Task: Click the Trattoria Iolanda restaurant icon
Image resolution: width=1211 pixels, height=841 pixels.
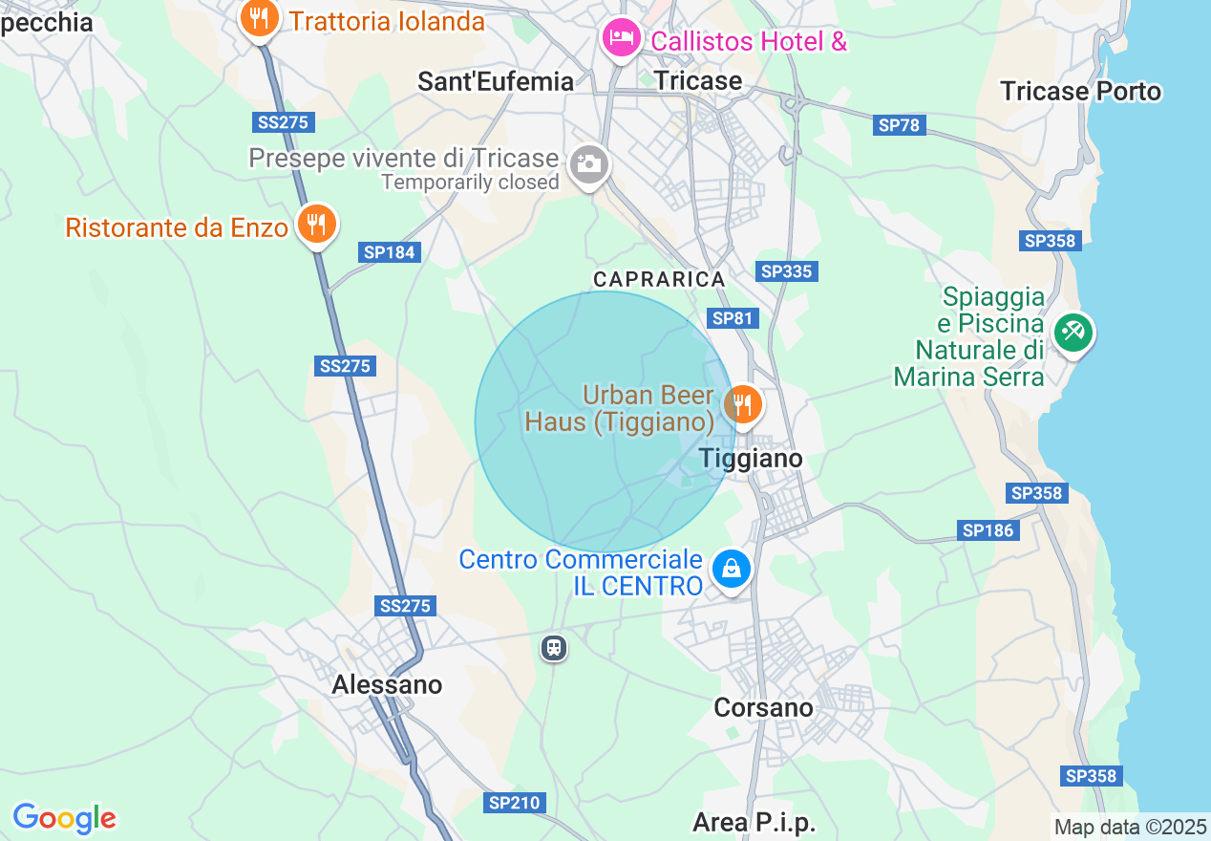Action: [258, 18]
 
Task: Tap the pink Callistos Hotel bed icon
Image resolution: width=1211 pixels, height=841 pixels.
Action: [621, 39]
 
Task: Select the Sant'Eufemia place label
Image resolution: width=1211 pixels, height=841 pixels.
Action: [496, 81]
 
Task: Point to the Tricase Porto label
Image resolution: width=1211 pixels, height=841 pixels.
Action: [1080, 91]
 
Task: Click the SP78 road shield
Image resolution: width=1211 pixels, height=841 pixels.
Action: [899, 125]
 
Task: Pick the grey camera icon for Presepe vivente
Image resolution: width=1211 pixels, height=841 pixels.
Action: [588, 164]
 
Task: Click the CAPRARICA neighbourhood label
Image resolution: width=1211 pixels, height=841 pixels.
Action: [659, 279]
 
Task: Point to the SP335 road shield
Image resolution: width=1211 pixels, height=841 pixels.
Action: [787, 271]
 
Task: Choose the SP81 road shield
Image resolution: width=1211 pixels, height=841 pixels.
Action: [732, 318]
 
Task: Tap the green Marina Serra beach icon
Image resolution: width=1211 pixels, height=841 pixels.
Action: [1073, 333]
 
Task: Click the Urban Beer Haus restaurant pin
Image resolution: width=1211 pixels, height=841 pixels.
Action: [741, 404]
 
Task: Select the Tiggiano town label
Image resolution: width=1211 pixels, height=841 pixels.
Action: [751, 459]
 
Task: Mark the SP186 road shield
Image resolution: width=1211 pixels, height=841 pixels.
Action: [988, 530]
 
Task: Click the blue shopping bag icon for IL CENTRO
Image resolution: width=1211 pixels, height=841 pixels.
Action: [731, 569]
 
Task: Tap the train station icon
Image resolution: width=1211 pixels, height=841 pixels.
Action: [553, 648]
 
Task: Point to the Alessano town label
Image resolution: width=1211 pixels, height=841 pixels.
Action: [387, 685]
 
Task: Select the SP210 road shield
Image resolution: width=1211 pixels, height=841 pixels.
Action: [515, 804]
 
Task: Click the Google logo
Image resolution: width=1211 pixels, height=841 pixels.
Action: [64, 818]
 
